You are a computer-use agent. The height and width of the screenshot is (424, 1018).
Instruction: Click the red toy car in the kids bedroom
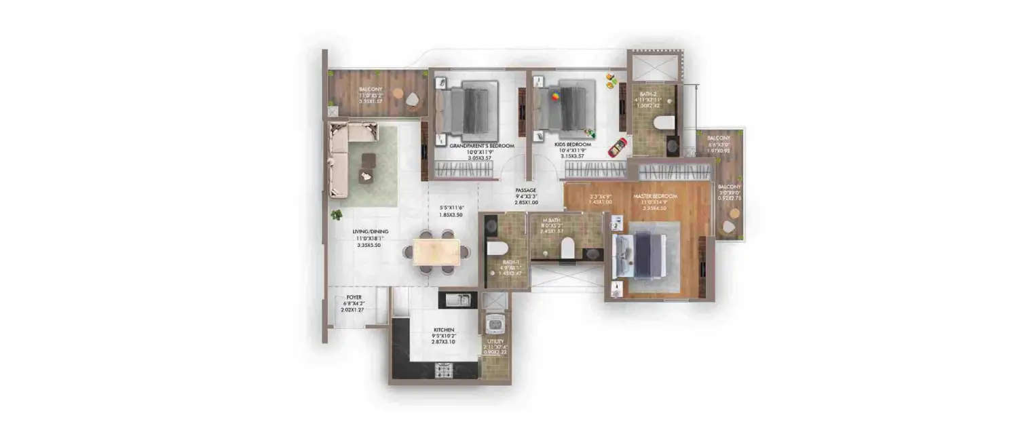click(x=617, y=147)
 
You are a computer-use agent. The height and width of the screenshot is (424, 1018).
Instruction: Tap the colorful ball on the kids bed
click(x=555, y=97)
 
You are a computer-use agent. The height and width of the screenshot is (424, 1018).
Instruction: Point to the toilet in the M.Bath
click(x=567, y=249)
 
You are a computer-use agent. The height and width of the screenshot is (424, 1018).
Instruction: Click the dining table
click(x=436, y=252)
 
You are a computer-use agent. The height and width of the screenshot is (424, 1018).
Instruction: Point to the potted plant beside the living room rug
click(x=336, y=215)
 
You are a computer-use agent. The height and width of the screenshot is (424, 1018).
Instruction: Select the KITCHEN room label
click(x=444, y=330)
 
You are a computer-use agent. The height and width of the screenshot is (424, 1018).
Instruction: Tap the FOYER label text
click(x=354, y=297)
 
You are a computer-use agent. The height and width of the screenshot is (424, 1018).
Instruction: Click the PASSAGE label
click(x=526, y=191)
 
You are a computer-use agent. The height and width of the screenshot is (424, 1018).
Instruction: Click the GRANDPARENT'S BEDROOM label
click(x=483, y=146)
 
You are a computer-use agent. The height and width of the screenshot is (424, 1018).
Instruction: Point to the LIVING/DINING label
click(x=371, y=232)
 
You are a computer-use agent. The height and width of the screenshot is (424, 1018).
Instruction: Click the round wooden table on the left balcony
click(x=397, y=94)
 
